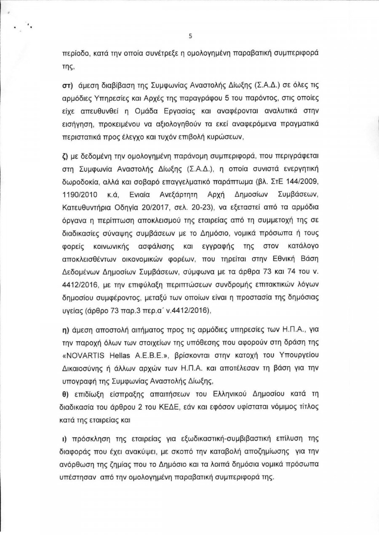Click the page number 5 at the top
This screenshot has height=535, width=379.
tap(190, 36)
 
